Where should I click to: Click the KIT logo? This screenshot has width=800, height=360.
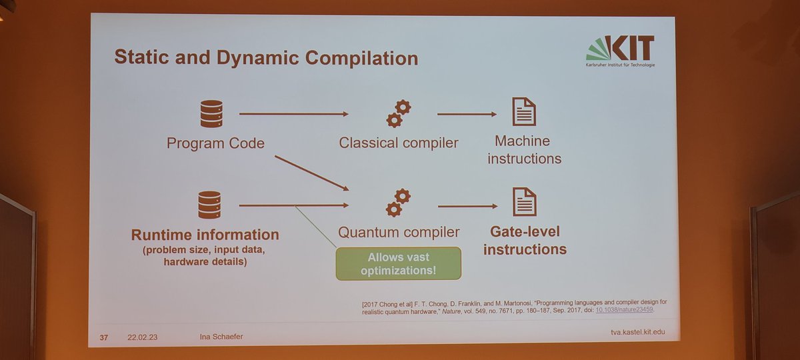619,50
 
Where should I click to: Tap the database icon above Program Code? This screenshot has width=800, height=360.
211,114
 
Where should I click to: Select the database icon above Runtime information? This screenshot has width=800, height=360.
209,204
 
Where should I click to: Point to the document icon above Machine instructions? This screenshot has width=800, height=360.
524,111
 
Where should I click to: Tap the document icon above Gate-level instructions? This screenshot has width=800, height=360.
525,201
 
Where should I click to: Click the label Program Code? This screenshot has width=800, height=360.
215,143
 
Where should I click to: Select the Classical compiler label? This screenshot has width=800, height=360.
399,143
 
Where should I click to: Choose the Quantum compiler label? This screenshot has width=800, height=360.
399,233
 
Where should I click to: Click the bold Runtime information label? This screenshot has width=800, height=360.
205,235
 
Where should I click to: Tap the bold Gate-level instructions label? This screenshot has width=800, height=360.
525,241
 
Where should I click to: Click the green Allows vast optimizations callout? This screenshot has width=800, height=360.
399,263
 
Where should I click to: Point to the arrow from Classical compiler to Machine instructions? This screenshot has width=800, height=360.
467,114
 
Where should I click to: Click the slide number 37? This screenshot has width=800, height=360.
103,337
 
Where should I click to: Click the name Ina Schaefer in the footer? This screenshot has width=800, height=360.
221,337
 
